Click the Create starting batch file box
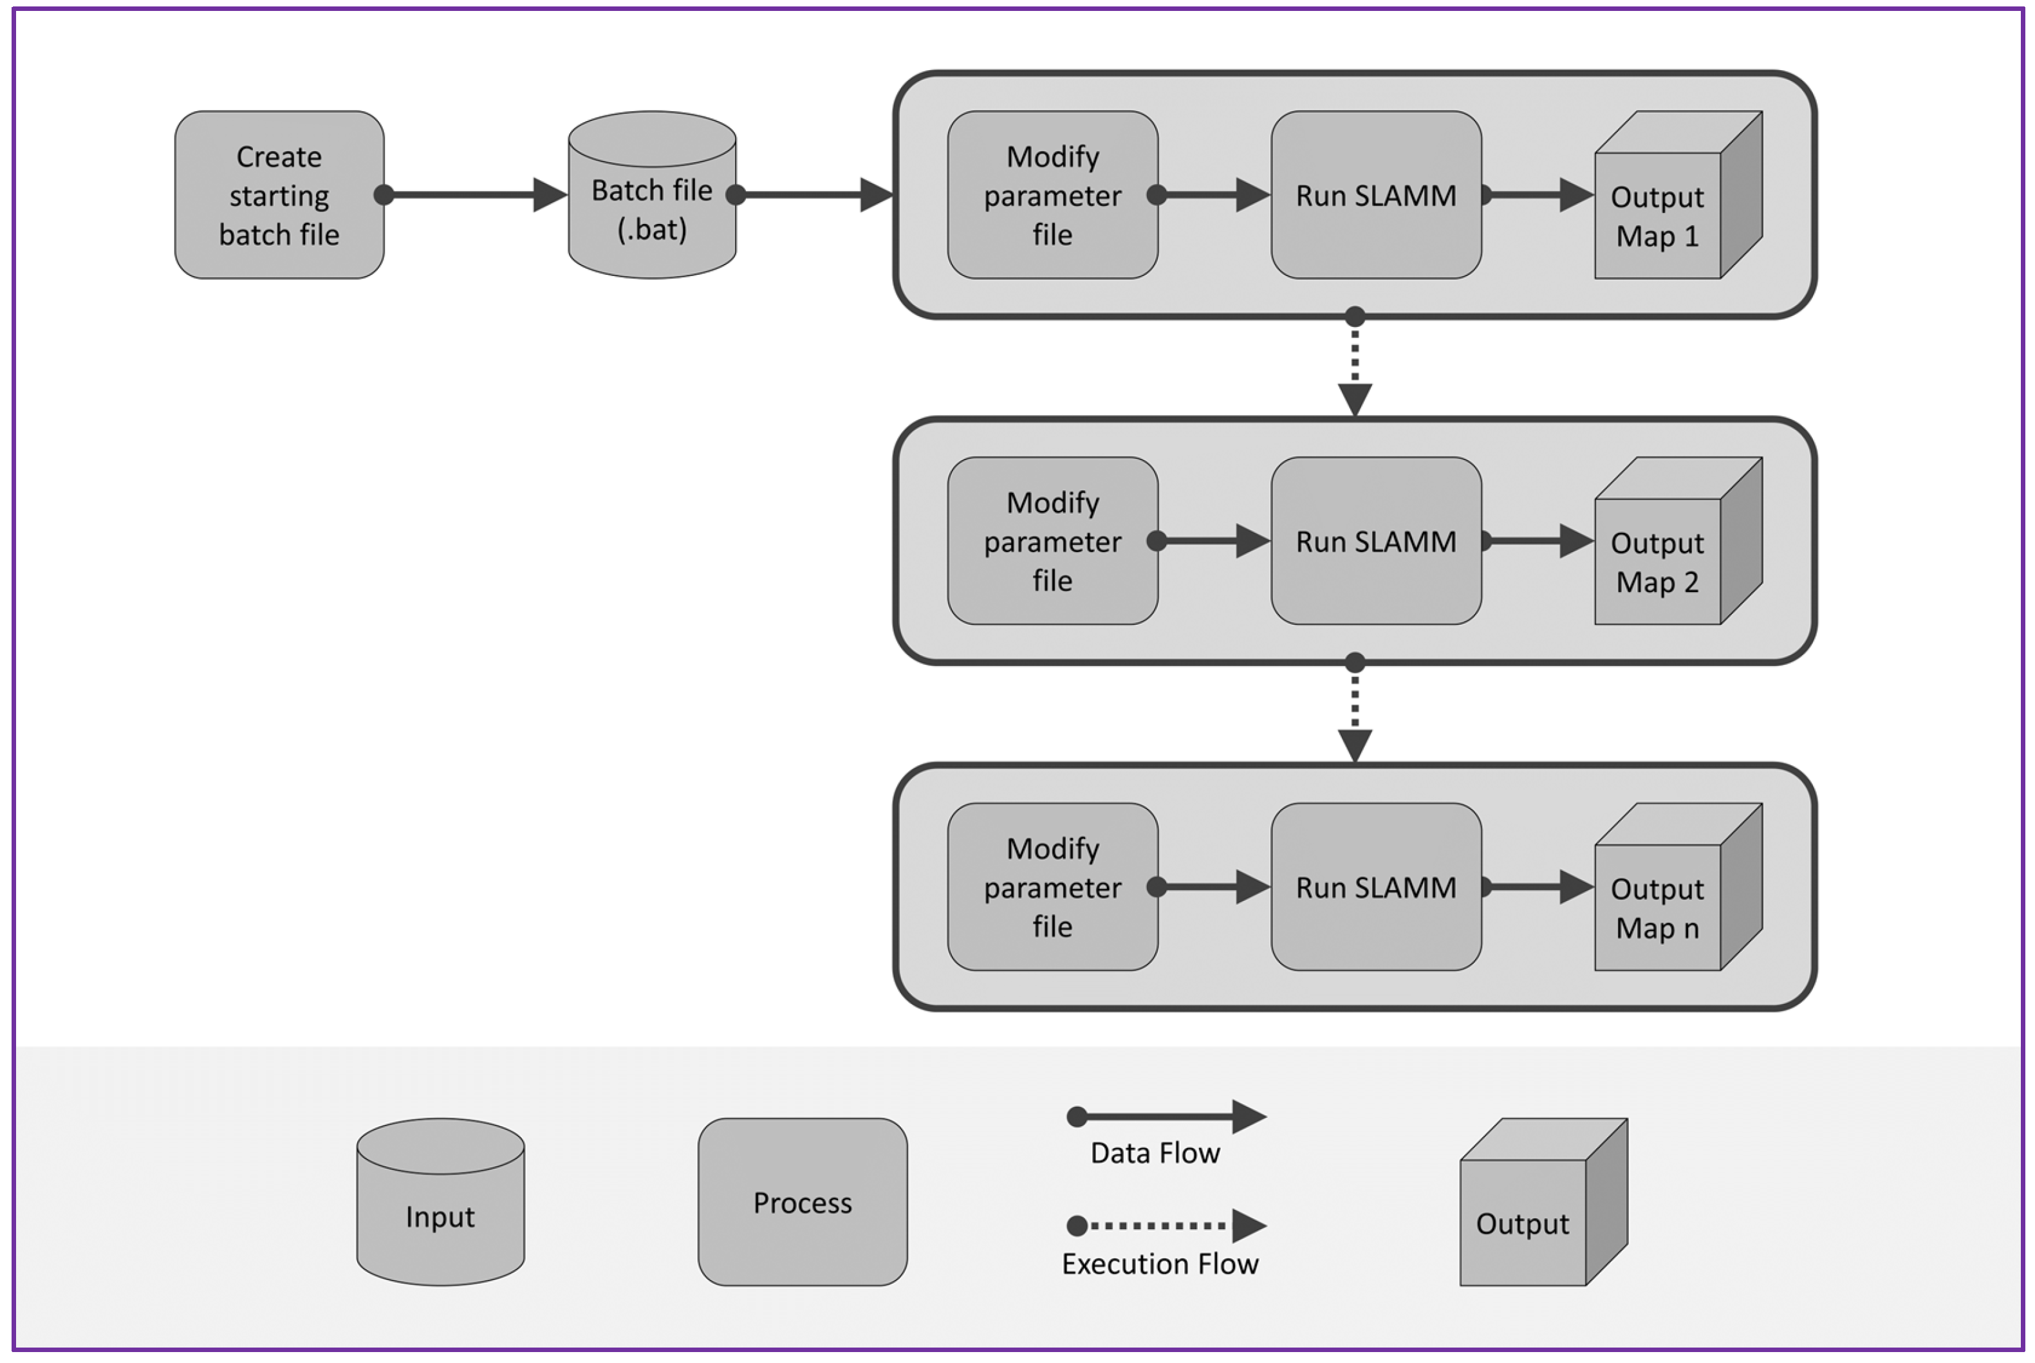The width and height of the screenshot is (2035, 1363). click(x=279, y=195)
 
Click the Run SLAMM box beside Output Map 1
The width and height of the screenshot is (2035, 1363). click(x=1375, y=195)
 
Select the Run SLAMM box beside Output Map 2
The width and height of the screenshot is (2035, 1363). click(x=1375, y=541)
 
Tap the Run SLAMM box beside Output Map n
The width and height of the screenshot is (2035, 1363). click(x=1375, y=887)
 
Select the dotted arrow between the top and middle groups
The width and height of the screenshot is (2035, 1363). click(x=1354, y=365)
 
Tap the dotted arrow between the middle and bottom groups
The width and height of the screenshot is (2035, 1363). click(x=1354, y=711)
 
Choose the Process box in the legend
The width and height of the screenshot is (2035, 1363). click(x=803, y=1202)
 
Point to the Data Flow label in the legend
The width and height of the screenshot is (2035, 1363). click(x=1155, y=1153)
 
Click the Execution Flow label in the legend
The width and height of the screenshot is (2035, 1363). click(x=1160, y=1264)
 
